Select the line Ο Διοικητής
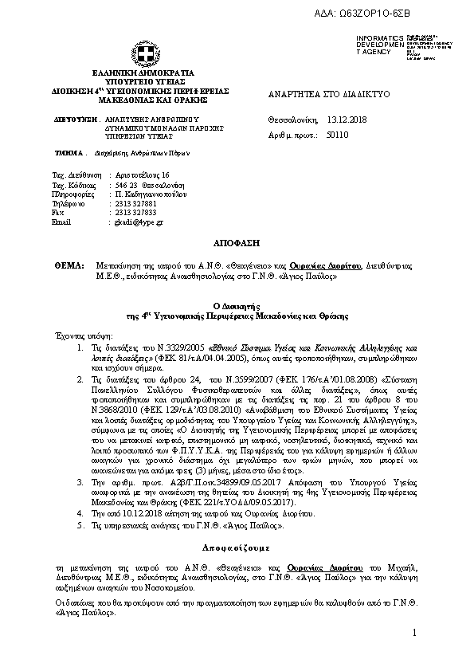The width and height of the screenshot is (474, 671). pos(237,304)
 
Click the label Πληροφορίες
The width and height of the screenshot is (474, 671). pos(70,194)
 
